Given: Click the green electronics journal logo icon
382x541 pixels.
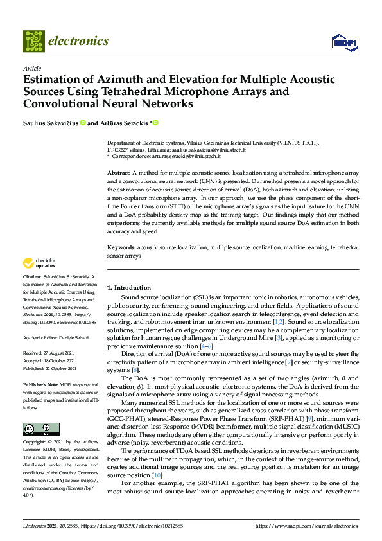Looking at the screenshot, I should pos(34,40).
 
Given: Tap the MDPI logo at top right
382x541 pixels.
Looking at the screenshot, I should pos(343,42).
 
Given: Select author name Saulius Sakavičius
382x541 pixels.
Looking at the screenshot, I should pos(51,123).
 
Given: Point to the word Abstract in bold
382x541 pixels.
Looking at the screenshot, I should pos(118,173).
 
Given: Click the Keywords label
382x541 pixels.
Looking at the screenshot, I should pos(121,246).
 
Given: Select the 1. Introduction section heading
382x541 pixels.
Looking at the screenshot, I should pos(129,287).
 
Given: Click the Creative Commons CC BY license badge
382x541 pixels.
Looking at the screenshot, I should pos(40,411).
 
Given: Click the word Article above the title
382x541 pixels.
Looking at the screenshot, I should pos(31,69).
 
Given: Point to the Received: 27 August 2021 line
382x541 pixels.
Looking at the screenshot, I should pos(50,353).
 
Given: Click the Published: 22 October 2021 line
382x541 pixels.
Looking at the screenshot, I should pos(51,368).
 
